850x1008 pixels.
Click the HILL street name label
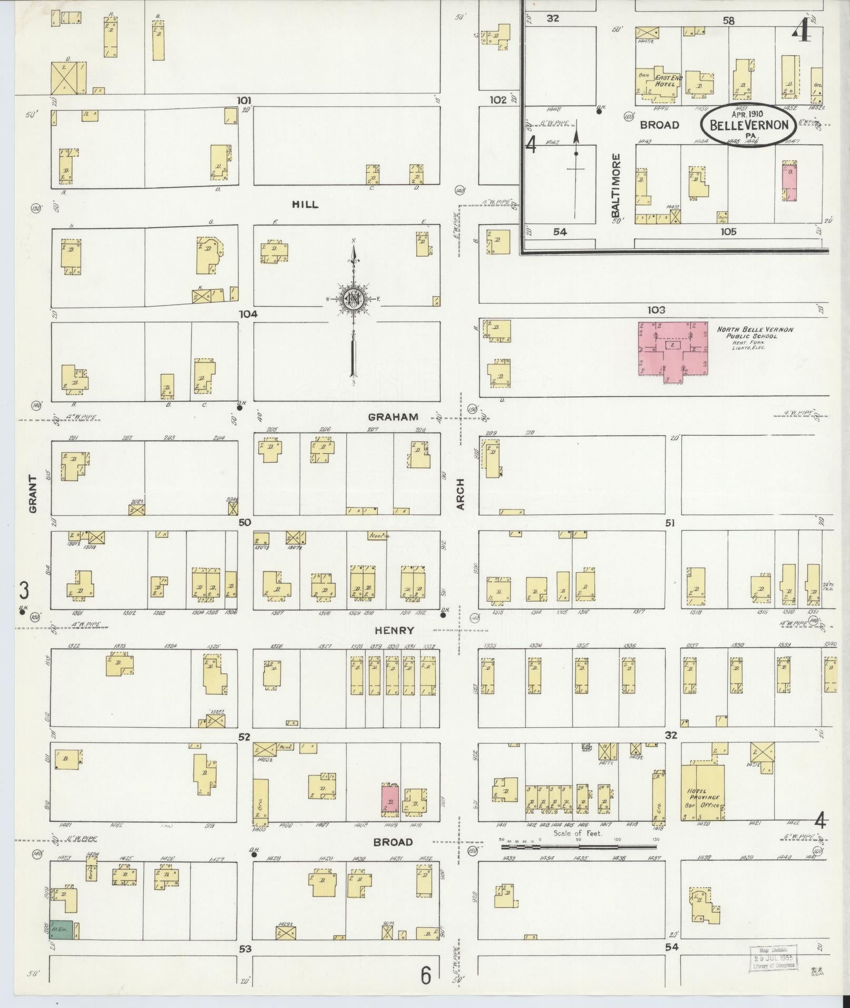pos(305,204)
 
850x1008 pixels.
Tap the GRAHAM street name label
pos(393,417)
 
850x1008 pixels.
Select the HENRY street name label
pos(394,630)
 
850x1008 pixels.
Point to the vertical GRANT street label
pos(33,494)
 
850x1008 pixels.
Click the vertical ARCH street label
pos(461,494)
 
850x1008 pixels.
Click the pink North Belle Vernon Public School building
pos(673,348)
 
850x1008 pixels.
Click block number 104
pos(248,314)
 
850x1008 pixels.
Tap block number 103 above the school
pos(656,310)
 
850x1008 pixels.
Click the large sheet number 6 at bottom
pos(426,976)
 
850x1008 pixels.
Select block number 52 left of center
pos(243,737)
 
